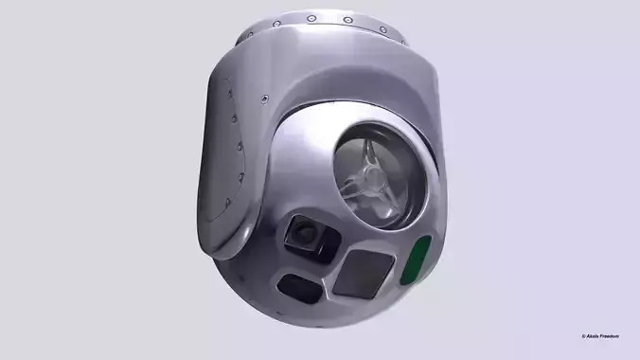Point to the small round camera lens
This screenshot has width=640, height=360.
[x=305, y=230]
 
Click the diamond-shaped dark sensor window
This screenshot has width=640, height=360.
[x=361, y=274]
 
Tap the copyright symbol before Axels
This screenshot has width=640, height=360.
[x=584, y=336]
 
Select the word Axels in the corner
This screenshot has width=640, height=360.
[x=596, y=336]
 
